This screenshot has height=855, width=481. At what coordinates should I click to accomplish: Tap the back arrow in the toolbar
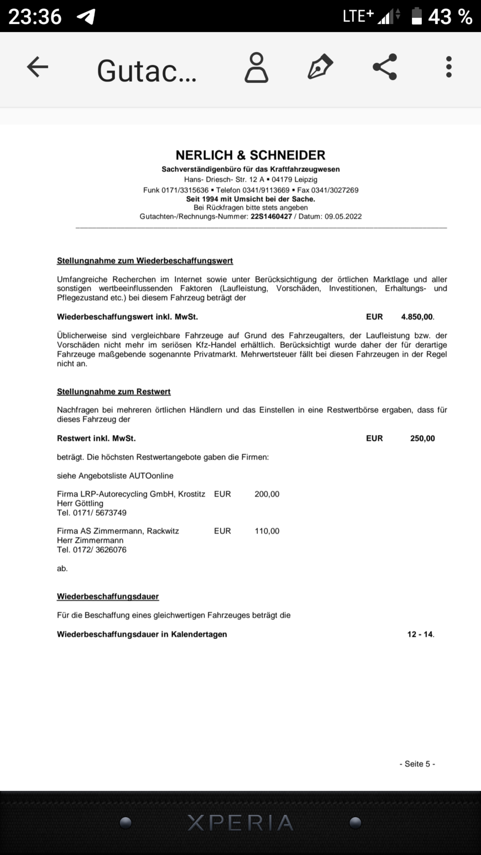coord(37,67)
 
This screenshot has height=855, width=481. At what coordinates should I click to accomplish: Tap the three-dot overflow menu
coord(449,67)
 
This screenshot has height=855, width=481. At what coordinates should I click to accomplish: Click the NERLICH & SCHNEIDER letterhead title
coord(250,155)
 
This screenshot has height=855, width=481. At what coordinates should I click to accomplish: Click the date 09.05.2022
coord(343,216)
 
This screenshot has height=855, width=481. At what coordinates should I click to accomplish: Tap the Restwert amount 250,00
coord(422,438)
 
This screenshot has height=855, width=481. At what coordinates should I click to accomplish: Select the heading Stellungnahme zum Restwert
coord(114,391)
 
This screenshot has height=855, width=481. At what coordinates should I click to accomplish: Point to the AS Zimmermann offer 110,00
coord(267,531)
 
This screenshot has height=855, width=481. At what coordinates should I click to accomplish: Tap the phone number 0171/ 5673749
coord(100,513)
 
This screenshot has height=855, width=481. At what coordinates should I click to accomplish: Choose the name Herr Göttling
coord(80,503)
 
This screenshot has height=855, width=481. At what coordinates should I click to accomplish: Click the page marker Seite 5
coord(417,764)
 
